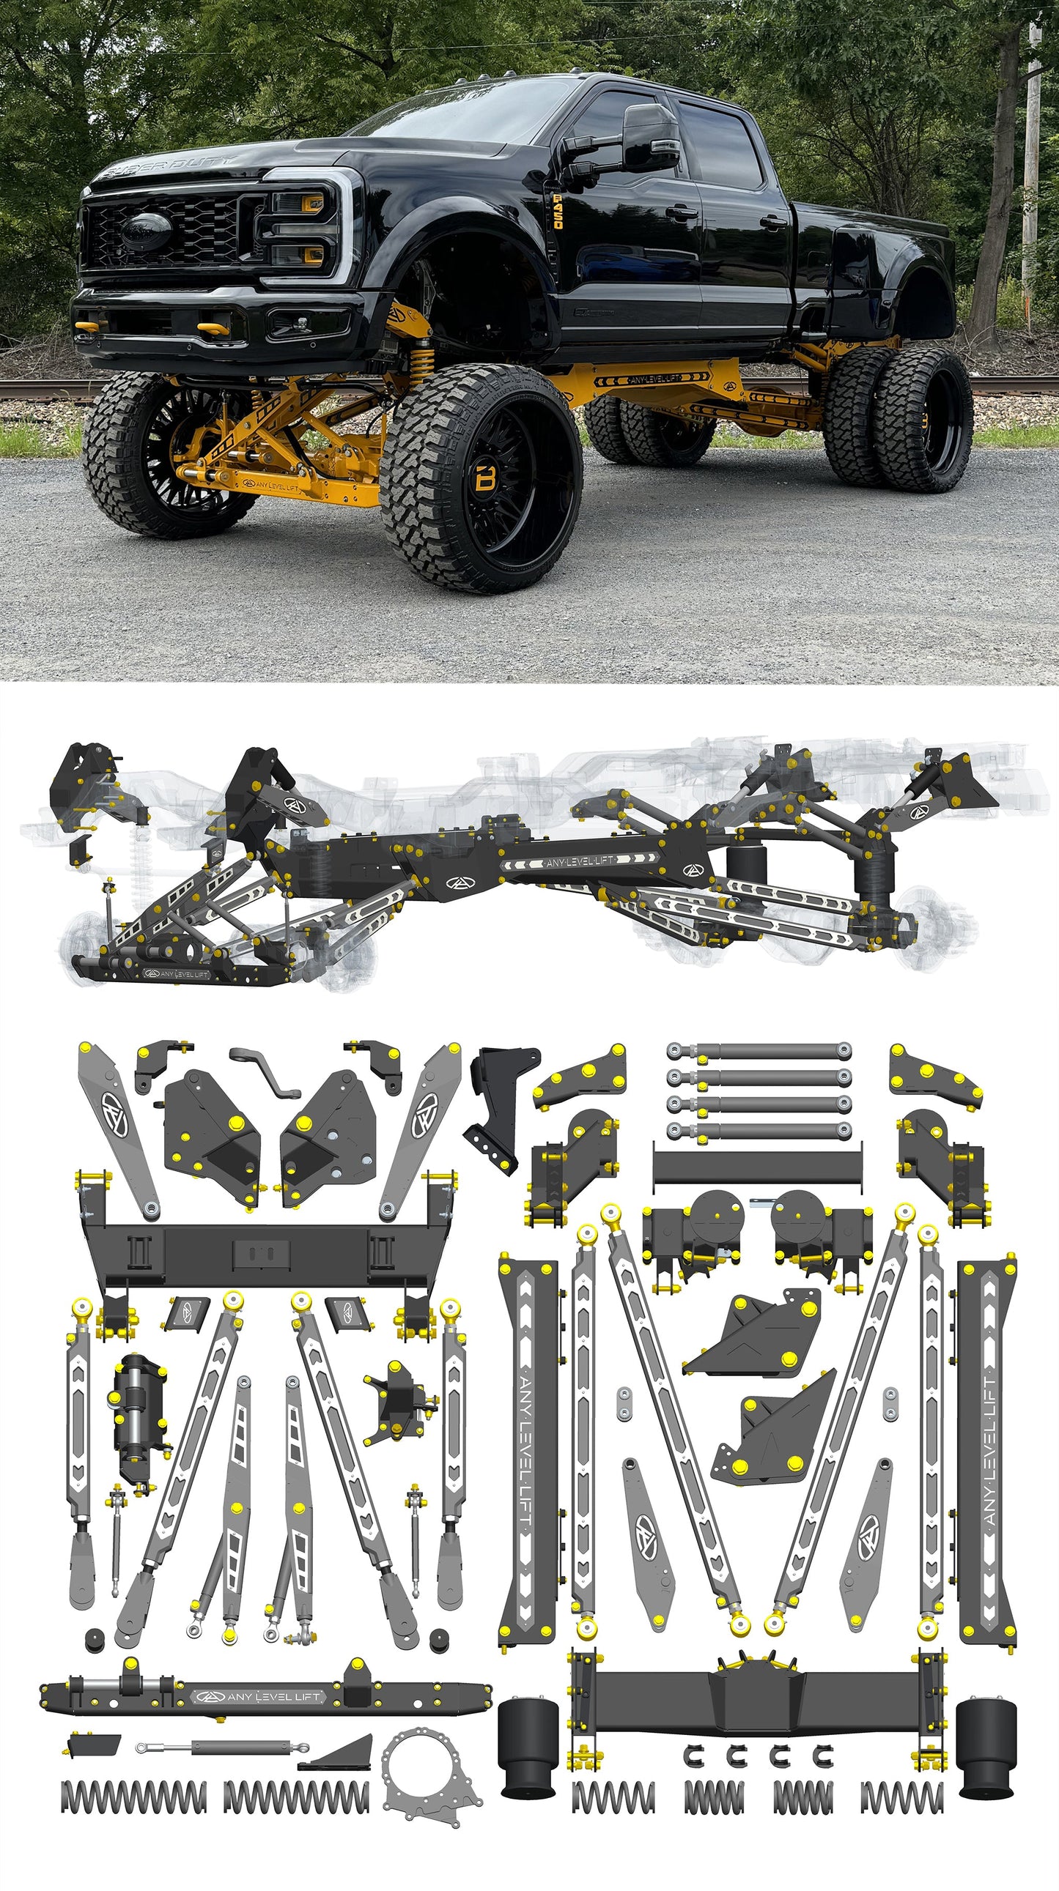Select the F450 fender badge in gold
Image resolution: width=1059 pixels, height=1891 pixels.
[558, 212]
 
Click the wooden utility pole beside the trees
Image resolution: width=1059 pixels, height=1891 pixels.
[1032, 146]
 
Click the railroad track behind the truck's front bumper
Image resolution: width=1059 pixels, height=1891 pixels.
[37, 387]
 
